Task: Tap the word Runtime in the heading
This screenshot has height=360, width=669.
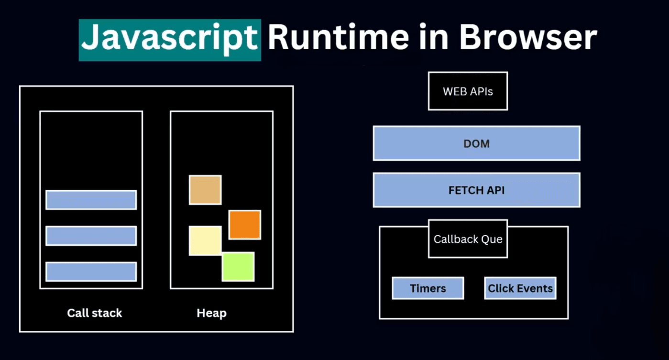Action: click(x=339, y=38)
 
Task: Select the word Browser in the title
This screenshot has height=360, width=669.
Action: click(x=528, y=38)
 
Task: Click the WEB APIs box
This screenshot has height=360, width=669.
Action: click(x=468, y=91)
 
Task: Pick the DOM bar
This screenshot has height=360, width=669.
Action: click(x=476, y=143)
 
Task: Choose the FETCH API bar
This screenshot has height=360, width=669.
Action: click(x=476, y=190)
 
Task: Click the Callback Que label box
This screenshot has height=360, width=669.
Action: click(x=468, y=239)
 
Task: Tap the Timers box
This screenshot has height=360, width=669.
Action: click(x=428, y=288)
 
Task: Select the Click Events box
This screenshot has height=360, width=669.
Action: click(x=520, y=288)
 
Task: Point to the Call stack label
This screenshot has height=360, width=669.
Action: click(x=95, y=313)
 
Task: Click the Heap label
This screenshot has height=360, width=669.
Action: click(x=211, y=313)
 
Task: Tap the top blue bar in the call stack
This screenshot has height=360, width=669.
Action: click(x=91, y=200)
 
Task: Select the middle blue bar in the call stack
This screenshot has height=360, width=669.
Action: click(x=91, y=236)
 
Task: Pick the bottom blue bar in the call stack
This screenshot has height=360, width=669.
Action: click(x=91, y=272)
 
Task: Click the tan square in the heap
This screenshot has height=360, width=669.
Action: click(x=205, y=190)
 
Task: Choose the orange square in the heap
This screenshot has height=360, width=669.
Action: click(x=244, y=225)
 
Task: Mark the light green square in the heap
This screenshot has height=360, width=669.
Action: click(x=238, y=267)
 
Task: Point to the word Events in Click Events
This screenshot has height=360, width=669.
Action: click(x=534, y=288)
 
